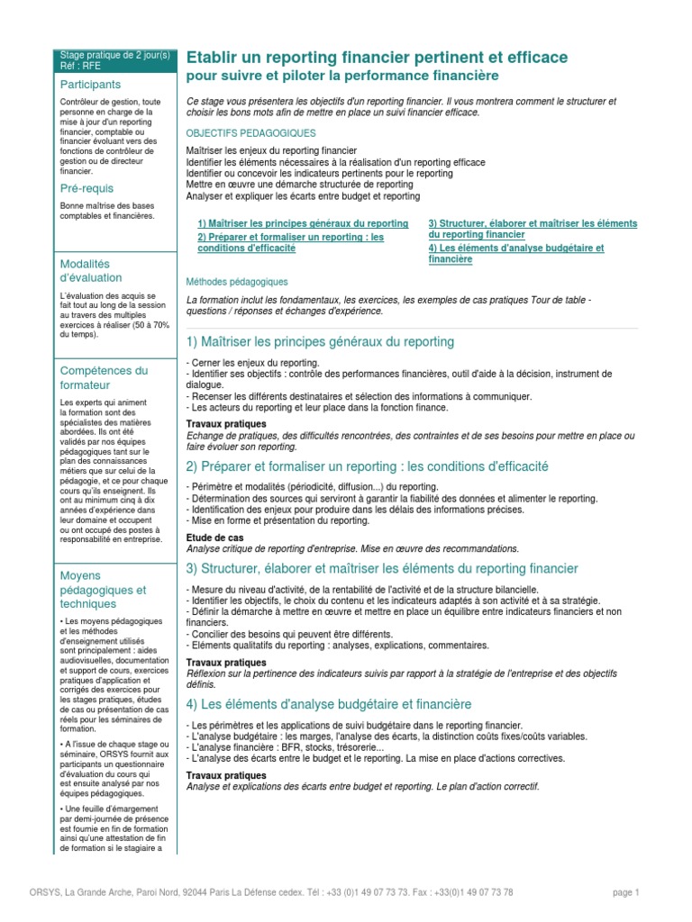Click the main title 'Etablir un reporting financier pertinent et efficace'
tap(377, 58)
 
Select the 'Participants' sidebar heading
tap(89, 84)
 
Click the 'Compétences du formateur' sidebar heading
tap(103, 377)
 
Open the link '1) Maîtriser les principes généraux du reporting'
tap(302, 223)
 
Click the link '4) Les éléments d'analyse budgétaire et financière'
tap(515, 253)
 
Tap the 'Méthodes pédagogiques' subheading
tap(236, 282)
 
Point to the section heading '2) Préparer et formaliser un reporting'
tap(367, 466)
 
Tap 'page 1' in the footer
tap(624, 892)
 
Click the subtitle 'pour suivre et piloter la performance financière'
tap(341, 77)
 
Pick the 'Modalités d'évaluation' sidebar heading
tap(90, 270)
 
